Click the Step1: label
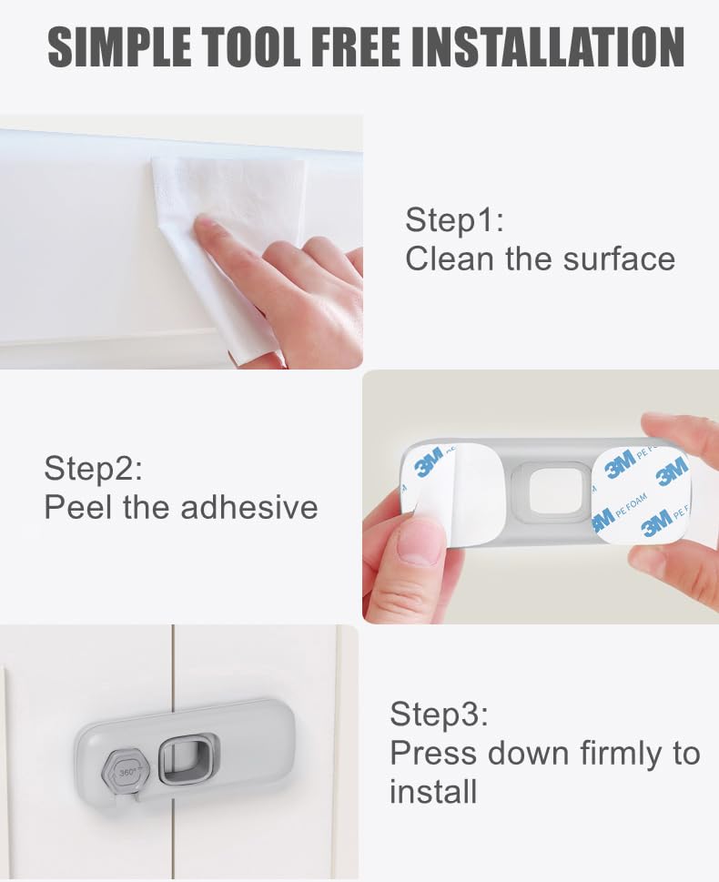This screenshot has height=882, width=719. [x=454, y=220]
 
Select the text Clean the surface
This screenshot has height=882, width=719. [x=540, y=259]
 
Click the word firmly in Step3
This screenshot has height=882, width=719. [x=601, y=754]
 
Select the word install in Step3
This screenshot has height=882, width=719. [x=433, y=792]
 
